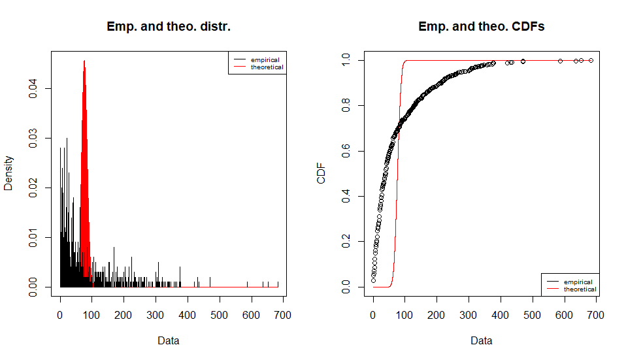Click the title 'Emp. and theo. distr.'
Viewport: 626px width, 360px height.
tap(169, 27)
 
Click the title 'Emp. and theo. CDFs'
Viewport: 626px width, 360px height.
tap(482, 27)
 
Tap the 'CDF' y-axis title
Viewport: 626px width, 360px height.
tap(321, 173)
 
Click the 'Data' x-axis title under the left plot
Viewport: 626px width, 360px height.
tap(169, 340)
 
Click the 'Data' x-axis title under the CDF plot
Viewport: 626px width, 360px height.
tap(482, 340)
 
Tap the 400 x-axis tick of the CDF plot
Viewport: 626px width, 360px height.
tap(501, 315)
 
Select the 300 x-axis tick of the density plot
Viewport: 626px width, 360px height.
tap(156, 315)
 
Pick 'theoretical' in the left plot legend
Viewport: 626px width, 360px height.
tap(267, 67)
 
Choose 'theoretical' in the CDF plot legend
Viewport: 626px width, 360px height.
tap(580, 289)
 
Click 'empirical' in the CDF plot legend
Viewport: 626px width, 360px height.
tap(578, 282)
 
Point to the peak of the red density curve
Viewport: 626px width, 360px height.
tap(84, 61)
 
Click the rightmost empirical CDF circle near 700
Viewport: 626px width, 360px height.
tap(591, 60)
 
